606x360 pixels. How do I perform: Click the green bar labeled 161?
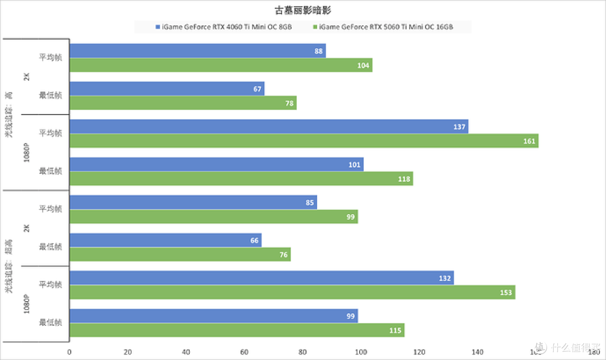(x=304, y=141)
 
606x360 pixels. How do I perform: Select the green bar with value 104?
(x=221, y=65)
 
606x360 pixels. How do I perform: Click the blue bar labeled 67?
(x=167, y=89)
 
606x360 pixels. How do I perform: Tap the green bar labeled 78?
(x=183, y=103)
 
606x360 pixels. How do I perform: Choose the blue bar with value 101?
(x=216, y=164)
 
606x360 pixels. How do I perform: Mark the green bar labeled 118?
(x=241, y=179)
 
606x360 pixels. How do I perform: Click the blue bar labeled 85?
(x=193, y=202)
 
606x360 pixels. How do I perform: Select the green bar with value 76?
(x=180, y=255)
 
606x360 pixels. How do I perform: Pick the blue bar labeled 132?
(x=261, y=278)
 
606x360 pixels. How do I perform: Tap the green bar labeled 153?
(x=292, y=292)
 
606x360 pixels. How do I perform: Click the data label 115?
(x=395, y=330)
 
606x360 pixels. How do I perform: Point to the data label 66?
(x=254, y=241)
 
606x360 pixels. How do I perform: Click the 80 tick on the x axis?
(x=303, y=352)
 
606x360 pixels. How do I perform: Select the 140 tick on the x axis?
(x=478, y=352)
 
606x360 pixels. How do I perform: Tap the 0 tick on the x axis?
(x=70, y=352)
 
